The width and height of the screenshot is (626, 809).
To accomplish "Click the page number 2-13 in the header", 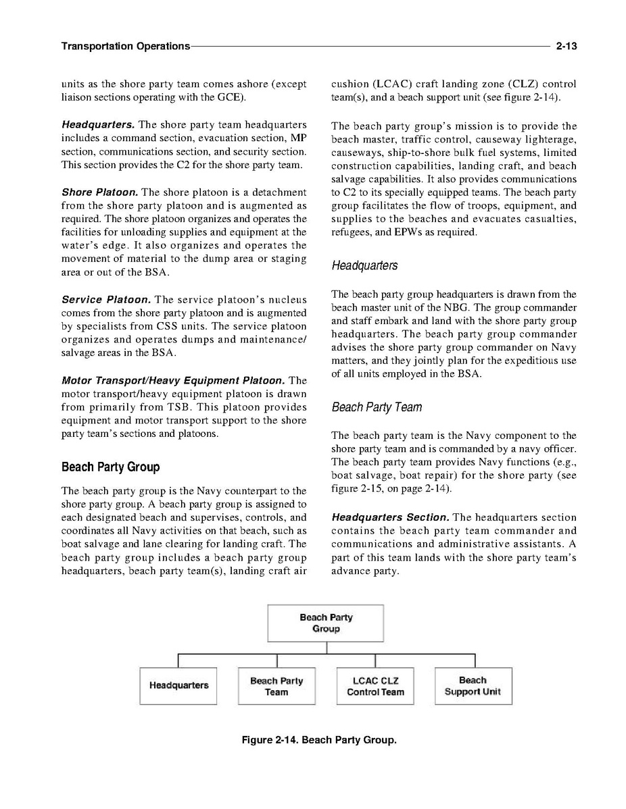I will [565, 47].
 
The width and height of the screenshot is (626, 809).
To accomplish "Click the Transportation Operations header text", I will [125, 47].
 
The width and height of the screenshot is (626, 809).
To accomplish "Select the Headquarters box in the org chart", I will [178, 685].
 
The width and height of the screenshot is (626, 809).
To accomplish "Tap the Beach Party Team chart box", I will [276, 686].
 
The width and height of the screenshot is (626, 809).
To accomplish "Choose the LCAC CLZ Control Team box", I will [375, 686].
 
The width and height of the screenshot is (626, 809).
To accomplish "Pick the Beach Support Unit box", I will [473, 686].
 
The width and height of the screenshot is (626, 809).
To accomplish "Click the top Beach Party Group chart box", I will [326, 623].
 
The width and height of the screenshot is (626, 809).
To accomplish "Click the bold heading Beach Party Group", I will [110, 467].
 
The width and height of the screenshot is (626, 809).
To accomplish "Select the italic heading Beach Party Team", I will [377, 407].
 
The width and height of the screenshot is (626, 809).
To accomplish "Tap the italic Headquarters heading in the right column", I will [364, 265].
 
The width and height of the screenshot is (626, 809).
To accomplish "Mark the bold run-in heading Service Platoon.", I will [105, 299].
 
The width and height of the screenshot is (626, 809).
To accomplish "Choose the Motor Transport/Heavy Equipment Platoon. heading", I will [172, 380].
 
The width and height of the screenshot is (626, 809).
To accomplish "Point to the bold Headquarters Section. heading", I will [391, 517].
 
